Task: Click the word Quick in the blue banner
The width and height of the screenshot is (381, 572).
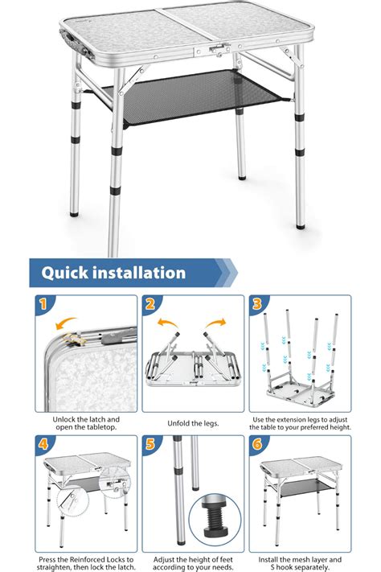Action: pos(64,273)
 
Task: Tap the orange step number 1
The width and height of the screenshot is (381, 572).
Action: pos(43,304)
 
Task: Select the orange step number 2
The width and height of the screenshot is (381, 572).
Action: pos(150,304)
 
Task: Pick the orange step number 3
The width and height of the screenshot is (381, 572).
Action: pos(257,304)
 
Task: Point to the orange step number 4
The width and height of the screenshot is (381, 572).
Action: pos(43,444)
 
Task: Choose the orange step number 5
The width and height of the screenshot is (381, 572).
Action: pos(150,444)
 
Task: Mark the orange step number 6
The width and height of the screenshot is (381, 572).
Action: pos(257,444)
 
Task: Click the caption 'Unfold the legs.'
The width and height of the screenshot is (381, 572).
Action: pos(193,423)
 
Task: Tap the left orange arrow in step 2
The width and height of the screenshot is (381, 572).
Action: pos(167,322)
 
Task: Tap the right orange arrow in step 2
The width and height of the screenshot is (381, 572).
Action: pos(216,322)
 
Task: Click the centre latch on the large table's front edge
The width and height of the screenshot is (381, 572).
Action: pos(218,50)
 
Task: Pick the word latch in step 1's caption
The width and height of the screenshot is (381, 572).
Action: pos(98,419)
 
